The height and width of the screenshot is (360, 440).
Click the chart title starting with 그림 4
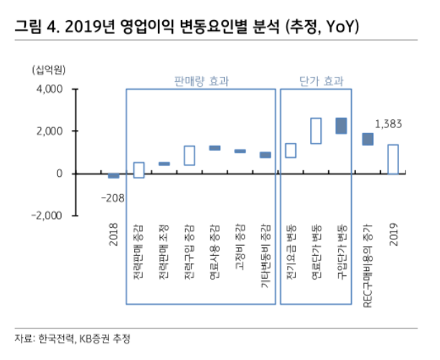point(185,27)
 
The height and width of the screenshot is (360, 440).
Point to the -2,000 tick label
point(45,215)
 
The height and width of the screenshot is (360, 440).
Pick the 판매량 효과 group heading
point(201,81)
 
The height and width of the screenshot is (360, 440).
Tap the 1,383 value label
point(392,124)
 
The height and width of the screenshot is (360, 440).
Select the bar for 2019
point(393,159)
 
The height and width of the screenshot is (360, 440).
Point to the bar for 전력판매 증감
point(139,170)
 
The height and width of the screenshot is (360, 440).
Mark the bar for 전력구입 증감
point(189,155)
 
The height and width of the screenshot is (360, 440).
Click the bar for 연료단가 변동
point(316,131)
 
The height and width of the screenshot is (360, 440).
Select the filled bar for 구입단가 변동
point(341,126)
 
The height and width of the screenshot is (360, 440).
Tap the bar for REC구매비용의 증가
point(367,139)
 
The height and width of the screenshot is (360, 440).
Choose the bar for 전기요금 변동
point(291,150)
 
